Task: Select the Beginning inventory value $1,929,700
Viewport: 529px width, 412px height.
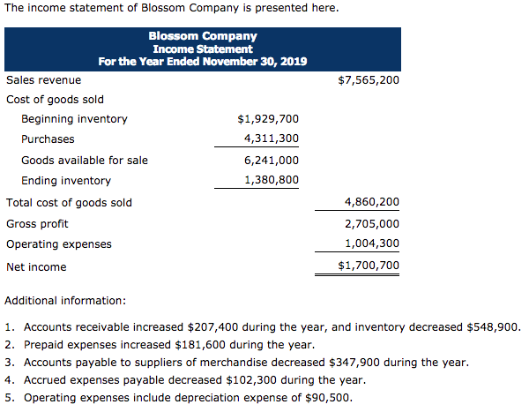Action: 268,119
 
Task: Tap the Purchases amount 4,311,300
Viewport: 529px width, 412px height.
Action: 272,139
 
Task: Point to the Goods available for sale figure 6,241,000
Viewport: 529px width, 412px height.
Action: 272,161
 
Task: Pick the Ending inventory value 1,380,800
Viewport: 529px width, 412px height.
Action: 272,181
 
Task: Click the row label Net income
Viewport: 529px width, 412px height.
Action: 36,266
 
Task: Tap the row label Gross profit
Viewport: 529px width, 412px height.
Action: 37,224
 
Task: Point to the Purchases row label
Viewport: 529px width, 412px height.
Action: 48,139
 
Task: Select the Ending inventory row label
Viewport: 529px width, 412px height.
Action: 66,181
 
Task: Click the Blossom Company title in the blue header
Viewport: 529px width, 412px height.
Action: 203,37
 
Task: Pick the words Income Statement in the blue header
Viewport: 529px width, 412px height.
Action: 203,49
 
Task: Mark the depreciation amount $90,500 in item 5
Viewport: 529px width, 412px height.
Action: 328,397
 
